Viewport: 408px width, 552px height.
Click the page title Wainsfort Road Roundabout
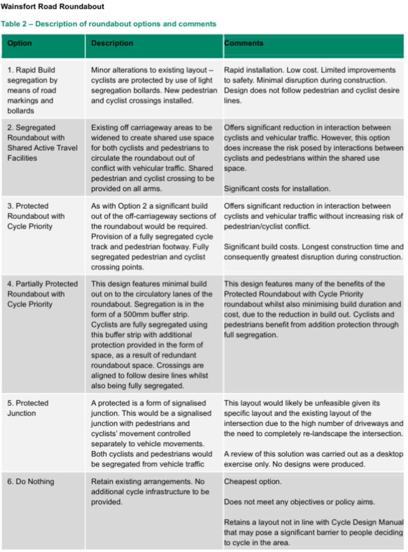53,7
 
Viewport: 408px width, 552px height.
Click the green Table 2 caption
108,24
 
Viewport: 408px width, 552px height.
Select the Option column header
20,44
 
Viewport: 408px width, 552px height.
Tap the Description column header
112,44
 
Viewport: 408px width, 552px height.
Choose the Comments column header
243,44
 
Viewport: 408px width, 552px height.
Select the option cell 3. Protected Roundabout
36,216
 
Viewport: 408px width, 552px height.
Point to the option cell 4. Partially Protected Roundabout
42,294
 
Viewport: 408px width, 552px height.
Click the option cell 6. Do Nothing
31,481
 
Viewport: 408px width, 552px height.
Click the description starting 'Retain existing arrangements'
150,486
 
